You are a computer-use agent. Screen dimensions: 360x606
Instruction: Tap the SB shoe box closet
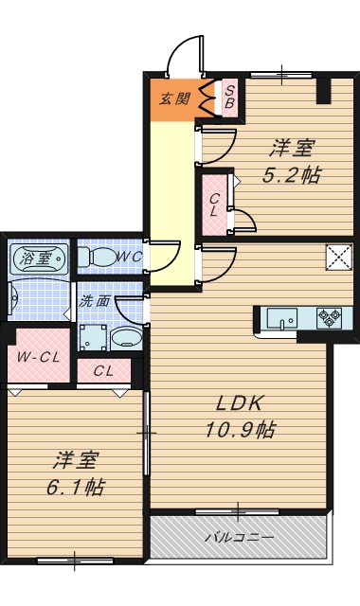tap(229, 98)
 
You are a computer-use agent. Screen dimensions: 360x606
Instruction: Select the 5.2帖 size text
tap(291, 176)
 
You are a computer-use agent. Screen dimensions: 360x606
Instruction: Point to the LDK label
tap(240, 404)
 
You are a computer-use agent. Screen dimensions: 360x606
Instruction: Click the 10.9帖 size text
tap(240, 429)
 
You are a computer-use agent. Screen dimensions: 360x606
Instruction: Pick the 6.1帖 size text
tap(76, 487)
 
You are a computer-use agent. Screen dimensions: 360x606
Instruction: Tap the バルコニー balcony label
tap(240, 537)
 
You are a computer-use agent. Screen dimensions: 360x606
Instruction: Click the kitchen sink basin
tap(282, 318)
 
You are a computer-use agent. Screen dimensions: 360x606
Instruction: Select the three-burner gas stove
tap(329, 318)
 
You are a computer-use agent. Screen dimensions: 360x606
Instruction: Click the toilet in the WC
tap(97, 257)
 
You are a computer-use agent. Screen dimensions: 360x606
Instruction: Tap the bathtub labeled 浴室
tap(39, 258)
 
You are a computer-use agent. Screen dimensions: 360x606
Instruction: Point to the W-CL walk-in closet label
tap(38, 358)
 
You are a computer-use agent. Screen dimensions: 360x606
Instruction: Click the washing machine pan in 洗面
tap(93, 338)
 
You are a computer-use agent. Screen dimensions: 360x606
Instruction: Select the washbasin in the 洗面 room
tap(126, 339)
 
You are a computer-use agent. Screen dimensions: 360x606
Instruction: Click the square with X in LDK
tap(339, 258)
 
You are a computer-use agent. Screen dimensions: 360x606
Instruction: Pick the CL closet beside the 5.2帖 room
tap(214, 205)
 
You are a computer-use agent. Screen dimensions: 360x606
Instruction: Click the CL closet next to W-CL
tap(103, 371)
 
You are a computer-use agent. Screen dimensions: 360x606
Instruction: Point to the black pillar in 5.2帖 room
tap(324, 91)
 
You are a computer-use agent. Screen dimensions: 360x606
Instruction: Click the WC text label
tap(130, 257)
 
